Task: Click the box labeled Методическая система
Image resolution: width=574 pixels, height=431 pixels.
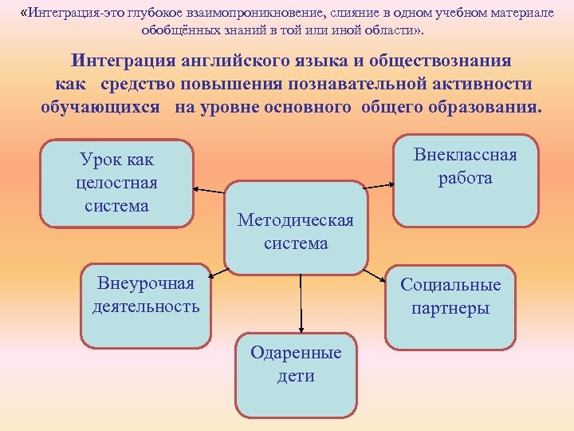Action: point(296,229)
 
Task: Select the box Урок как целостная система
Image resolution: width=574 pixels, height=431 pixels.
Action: point(116,183)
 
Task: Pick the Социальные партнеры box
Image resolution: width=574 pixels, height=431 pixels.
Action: point(450,306)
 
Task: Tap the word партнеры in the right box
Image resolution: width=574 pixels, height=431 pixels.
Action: point(450,308)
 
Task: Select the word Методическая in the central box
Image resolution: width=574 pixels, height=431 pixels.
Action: point(296,220)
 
